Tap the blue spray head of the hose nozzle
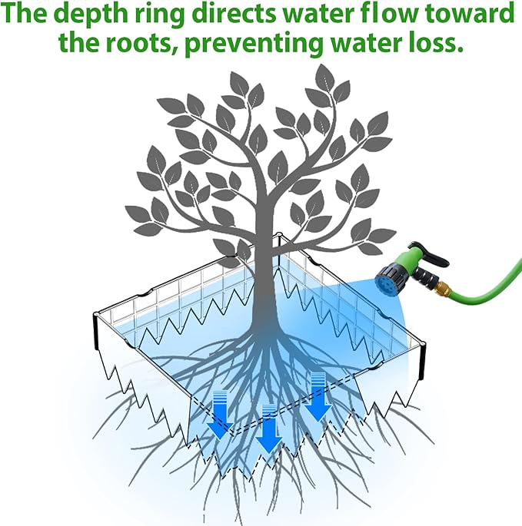(x=387, y=282)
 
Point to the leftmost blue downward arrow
(x=220, y=415)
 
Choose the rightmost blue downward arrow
(x=318, y=397)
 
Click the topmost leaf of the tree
(x=325, y=78)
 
